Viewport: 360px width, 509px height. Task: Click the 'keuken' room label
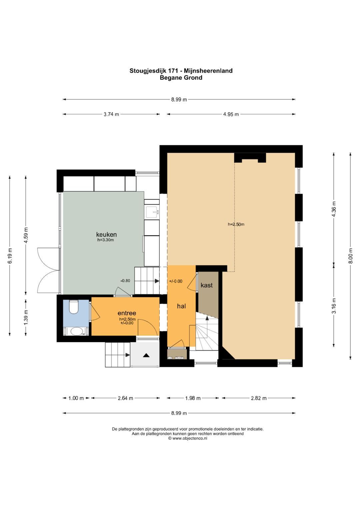pyautogui.click(x=106, y=234)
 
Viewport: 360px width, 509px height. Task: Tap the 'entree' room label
pyautogui.click(x=127, y=313)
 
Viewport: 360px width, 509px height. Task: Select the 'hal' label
pyautogui.click(x=181, y=306)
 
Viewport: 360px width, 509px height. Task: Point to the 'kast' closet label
pyautogui.click(x=207, y=285)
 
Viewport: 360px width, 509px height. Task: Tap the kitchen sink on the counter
pyautogui.click(x=152, y=212)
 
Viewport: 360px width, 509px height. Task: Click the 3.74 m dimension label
pyautogui.click(x=111, y=114)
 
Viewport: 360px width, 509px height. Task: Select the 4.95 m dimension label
pyautogui.click(x=231, y=114)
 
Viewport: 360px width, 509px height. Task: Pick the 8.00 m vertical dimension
pyautogui.click(x=351, y=255)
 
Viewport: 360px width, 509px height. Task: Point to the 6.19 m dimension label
pyautogui.click(x=10, y=255)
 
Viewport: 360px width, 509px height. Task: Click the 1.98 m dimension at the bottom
pyautogui.click(x=193, y=398)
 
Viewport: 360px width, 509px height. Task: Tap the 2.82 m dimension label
pyautogui.click(x=259, y=398)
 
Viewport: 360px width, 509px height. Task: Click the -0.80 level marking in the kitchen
pyautogui.click(x=125, y=281)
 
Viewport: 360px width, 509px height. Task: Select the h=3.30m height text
pyautogui.click(x=105, y=240)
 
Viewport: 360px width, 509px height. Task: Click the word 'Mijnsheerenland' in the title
pyautogui.click(x=208, y=71)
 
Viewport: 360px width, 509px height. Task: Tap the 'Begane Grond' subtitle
pyautogui.click(x=181, y=78)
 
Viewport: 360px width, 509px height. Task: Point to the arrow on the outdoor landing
pyautogui.click(x=146, y=355)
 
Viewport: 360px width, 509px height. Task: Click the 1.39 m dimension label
pyautogui.click(x=26, y=317)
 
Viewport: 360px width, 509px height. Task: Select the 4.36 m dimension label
pyautogui.click(x=334, y=209)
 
